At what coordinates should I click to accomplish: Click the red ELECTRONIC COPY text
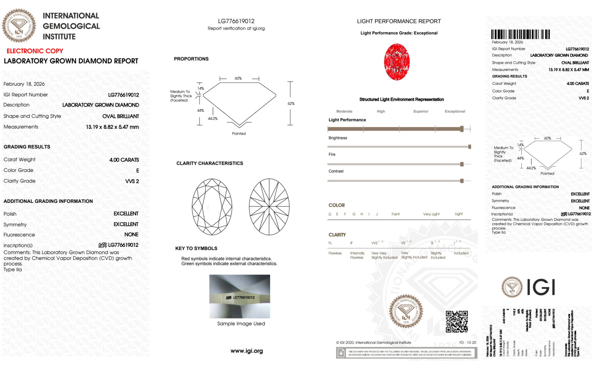pyautogui.click(x=35, y=51)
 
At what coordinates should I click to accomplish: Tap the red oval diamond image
pyautogui.click(x=397, y=62)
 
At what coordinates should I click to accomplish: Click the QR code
pyautogui.click(x=456, y=321)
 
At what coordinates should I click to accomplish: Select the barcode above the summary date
pyautogui.click(x=520, y=34)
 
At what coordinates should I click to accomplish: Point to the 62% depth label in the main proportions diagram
pyautogui.click(x=291, y=104)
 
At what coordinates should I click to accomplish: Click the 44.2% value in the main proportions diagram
pyautogui.click(x=213, y=118)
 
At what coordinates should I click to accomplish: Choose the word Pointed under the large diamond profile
pyautogui.click(x=239, y=134)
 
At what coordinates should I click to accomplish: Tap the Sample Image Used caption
pyautogui.click(x=241, y=324)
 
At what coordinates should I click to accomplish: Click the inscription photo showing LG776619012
pyautogui.click(x=239, y=296)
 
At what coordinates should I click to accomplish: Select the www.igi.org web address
pyautogui.click(x=246, y=351)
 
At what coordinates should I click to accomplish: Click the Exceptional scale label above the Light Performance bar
pyautogui.click(x=455, y=111)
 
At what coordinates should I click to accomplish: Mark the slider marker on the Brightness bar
pyautogui.click(x=469, y=147)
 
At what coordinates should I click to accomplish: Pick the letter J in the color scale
pyautogui.click(x=377, y=214)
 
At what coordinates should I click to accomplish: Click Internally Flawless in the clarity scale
pyautogui.click(x=357, y=255)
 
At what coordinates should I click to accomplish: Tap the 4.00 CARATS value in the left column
pyautogui.click(x=124, y=160)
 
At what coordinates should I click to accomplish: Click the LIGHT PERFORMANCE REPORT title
pyautogui.click(x=399, y=21)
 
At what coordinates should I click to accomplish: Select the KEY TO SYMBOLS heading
pyautogui.click(x=196, y=248)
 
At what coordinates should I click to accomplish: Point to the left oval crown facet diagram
pyautogui.click(x=212, y=207)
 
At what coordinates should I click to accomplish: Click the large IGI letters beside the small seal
pyautogui.click(x=541, y=287)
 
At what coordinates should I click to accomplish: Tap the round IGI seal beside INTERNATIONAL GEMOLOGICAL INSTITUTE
pyautogui.click(x=19, y=26)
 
